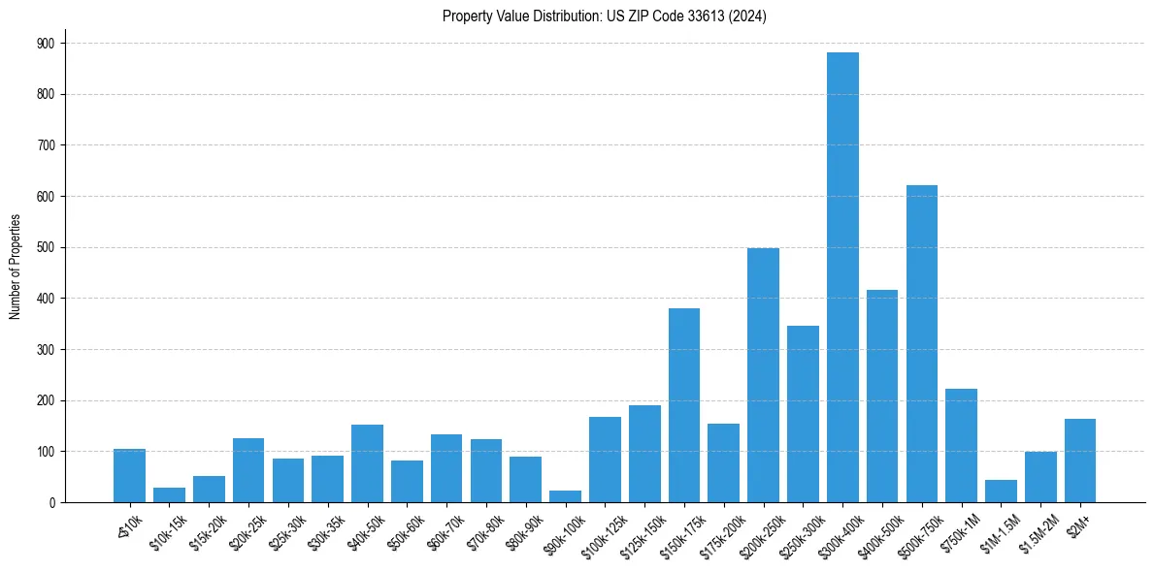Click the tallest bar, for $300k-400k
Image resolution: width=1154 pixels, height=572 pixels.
pos(842,277)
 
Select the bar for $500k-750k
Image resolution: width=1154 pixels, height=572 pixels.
pos(922,344)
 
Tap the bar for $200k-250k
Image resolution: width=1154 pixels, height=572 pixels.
pos(763,375)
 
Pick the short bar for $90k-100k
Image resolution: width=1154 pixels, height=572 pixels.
pos(565,496)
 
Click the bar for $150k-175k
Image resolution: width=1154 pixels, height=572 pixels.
pos(684,405)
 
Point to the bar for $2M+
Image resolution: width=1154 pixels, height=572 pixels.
pos(1080,461)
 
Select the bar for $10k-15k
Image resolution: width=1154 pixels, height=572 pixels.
pos(169,495)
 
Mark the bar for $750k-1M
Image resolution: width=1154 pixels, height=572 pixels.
pos(961,446)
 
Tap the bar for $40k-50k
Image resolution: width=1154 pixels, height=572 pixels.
pos(367,463)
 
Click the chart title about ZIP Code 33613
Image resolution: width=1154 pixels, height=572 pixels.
pos(604,16)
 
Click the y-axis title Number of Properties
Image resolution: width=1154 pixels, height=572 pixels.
pos(16,267)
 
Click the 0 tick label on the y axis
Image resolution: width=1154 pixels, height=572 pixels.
pos(52,502)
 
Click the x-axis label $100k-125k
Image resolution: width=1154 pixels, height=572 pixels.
pos(595,533)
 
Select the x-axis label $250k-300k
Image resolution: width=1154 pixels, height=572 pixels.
pos(794,533)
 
